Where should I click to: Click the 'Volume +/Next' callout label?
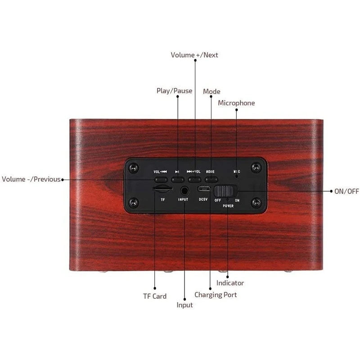coord(194,55)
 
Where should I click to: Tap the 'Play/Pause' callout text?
coord(174,91)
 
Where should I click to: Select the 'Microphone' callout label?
coord(236,103)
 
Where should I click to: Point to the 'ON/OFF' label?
coord(346,191)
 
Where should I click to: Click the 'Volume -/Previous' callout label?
coord(31,179)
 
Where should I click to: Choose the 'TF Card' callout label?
coord(155,296)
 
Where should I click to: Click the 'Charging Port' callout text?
coord(216,295)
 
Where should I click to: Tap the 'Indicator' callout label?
coord(230,283)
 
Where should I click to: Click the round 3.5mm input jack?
coord(184,190)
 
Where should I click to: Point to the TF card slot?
coord(162,189)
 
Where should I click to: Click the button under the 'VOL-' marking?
coord(160,180)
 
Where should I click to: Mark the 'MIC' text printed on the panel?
coord(237,172)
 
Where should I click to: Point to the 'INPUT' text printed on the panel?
coord(183,199)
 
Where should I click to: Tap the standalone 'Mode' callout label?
coord(211,91)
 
